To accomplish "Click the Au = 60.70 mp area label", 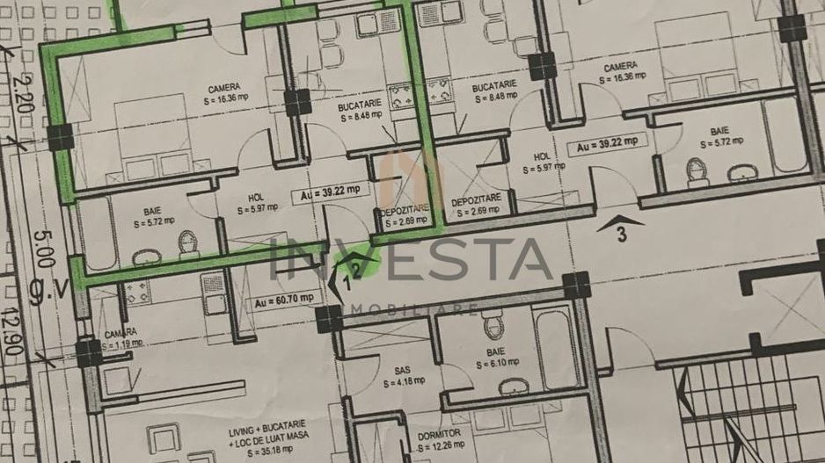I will pyautogui.click(x=284, y=300).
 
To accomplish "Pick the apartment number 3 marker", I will pyautogui.click(x=621, y=234).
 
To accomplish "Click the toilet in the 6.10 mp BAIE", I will pyautogui.click(x=493, y=327).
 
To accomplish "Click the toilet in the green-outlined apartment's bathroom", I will pyautogui.click(x=186, y=241).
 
